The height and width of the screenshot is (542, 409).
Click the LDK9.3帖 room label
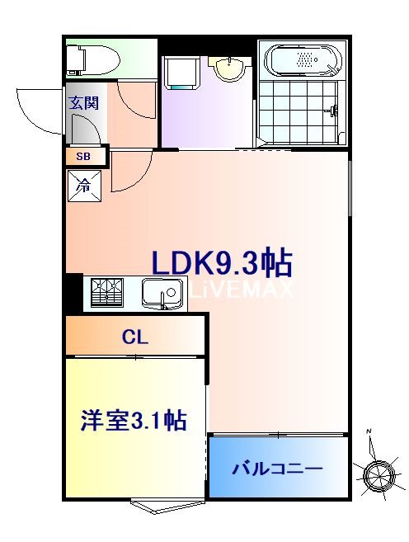[x=221, y=262]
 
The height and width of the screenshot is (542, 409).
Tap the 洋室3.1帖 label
[x=133, y=420]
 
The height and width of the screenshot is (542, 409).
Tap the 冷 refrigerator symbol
[x=84, y=186]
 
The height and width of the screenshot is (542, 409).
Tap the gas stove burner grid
[x=106, y=293]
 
